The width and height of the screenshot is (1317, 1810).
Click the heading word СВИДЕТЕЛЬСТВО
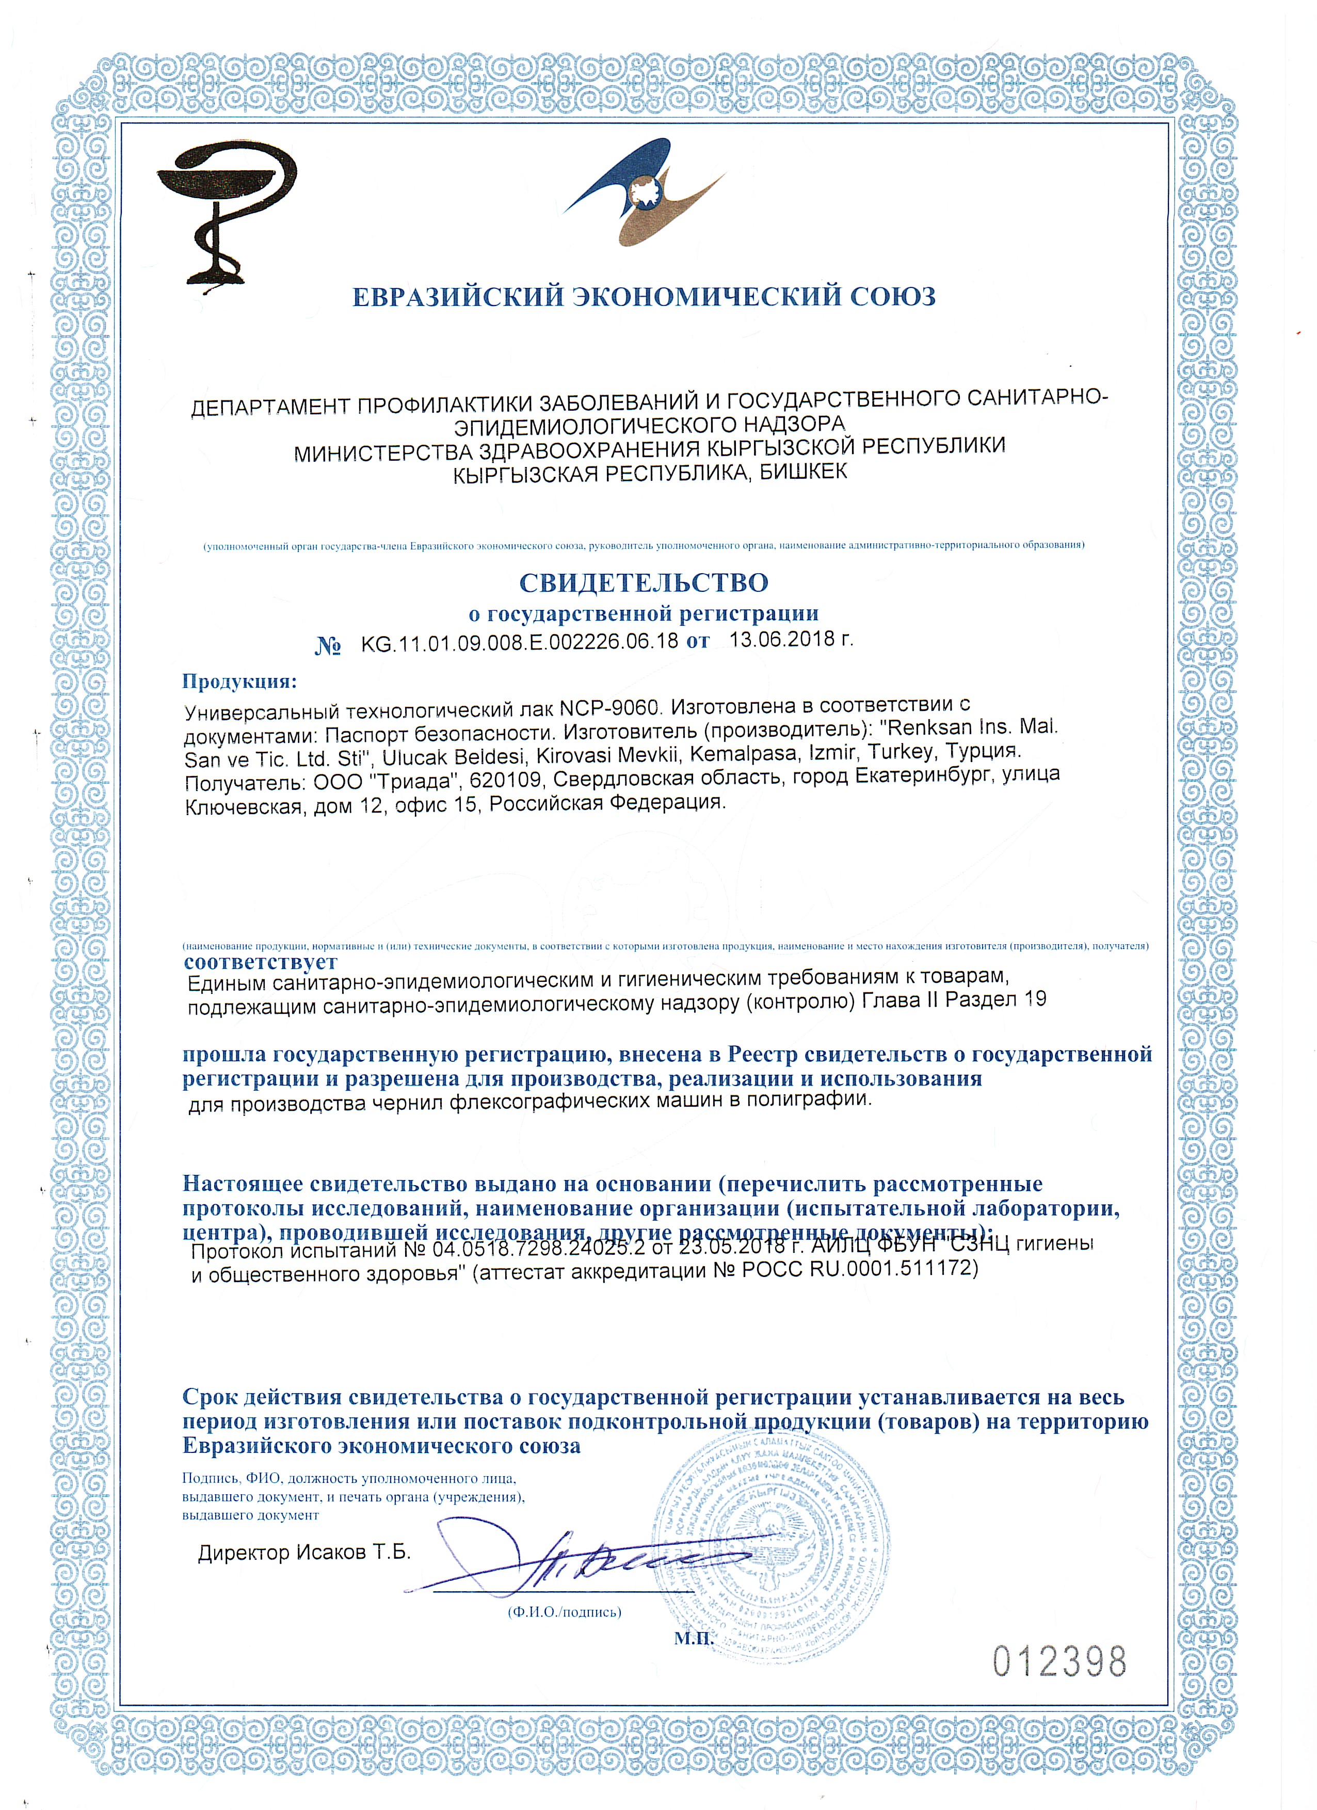pyautogui.click(x=644, y=583)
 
